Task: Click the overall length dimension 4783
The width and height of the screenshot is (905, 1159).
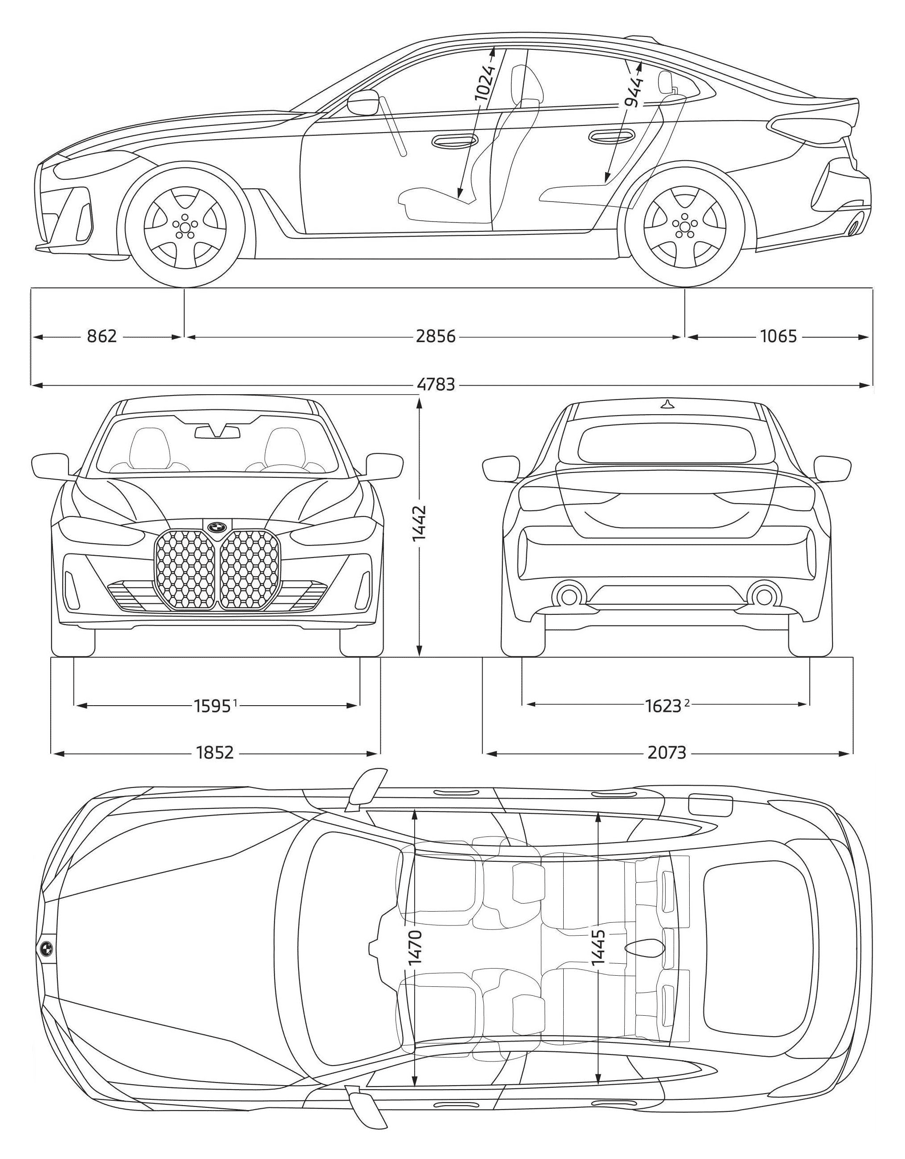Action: click(x=436, y=384)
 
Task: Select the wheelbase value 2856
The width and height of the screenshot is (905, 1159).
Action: click(x=436, y=336)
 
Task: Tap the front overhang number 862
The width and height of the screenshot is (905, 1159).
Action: click(x=101, y=336)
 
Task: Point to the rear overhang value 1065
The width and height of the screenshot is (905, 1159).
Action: click(x=779, y=336)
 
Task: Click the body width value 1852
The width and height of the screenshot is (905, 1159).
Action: click(x=214, y=752)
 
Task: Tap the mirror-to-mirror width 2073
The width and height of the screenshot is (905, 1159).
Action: click(x=667, y=752)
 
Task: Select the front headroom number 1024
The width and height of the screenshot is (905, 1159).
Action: click(x=484, y=83)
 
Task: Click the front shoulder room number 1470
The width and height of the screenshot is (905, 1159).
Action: click(x=415, y=950)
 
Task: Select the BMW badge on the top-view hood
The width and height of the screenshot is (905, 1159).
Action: click(x=46, y=950)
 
